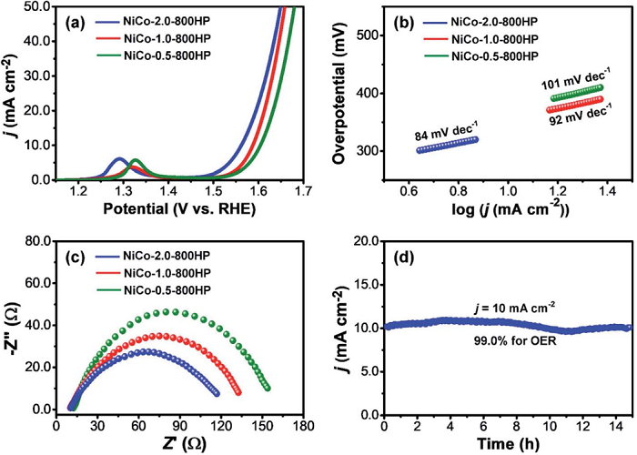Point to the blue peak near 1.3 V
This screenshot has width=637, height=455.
pos(119,159)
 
